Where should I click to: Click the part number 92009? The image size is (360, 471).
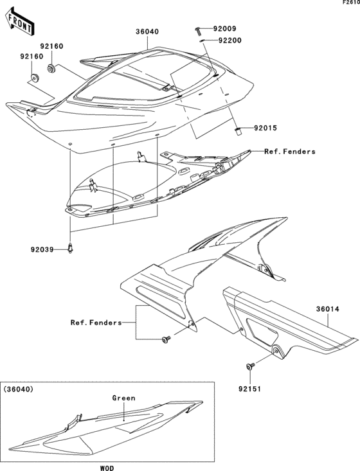(224, 29)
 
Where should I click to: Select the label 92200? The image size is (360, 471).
(229, 40)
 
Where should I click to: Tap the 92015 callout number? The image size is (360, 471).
(265, 129)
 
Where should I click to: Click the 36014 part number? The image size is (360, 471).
(327, 308)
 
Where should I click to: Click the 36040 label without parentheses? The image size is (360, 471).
(147, 31)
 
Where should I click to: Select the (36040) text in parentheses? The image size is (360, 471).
(19, 389)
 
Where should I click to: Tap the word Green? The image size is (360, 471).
(124, 398)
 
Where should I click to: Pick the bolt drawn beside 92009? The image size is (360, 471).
(197, 30)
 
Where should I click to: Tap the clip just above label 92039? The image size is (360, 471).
(70, 247)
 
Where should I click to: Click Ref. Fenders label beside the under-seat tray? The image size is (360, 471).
(290, 152)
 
